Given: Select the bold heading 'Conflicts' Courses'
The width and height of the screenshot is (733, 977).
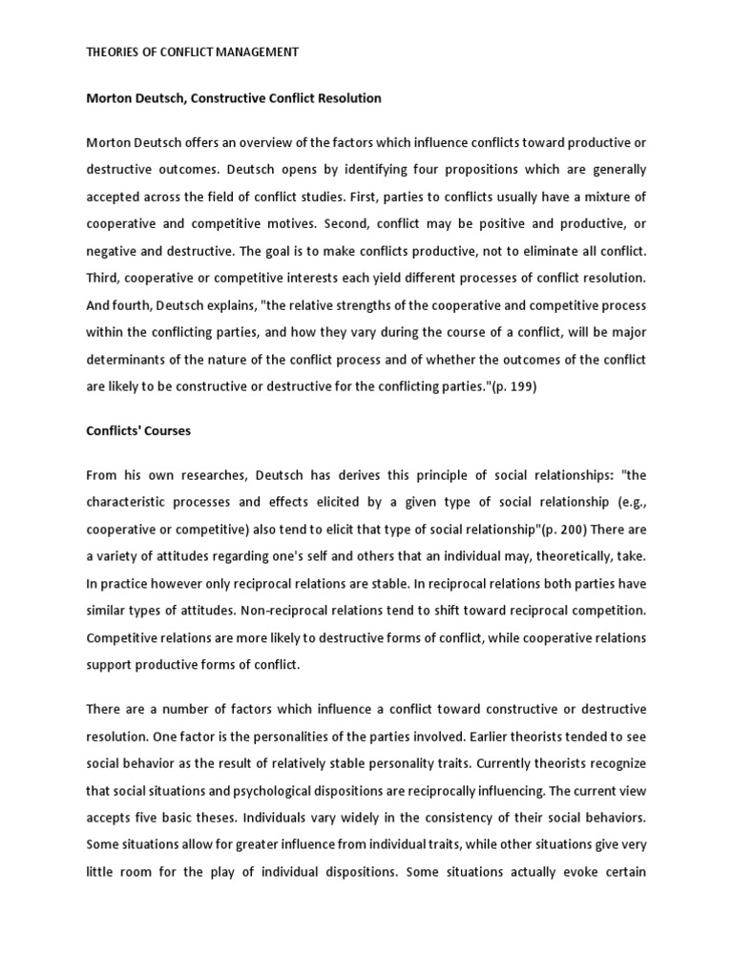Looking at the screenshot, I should pyautogui.click(x=138, y=430).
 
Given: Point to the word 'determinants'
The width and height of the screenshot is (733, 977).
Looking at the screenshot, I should pyautogui.click(x=125, y=360).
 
